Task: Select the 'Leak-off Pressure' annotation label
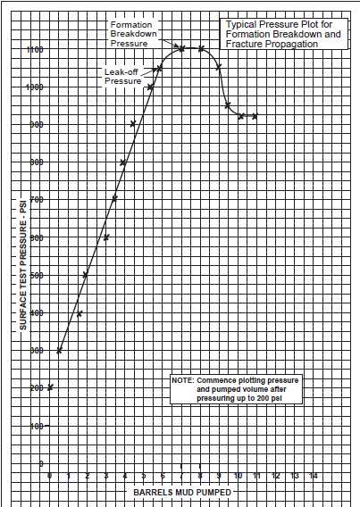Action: click(x=122, y=76)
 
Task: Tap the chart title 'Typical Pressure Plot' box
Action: click(x=281, y=34)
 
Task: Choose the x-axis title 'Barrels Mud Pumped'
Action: click(x=183, y=492)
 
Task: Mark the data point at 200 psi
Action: click(x=50, y=387)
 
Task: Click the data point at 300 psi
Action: click(x=60, y=351)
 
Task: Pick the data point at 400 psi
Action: click(x=79, y=313)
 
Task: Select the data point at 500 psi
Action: click(x=86, y=276)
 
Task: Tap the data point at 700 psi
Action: click(x=114, y=198)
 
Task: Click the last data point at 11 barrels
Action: click(x=255, y=116)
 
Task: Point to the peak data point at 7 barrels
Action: click(x=181, y=48)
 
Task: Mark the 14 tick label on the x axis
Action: click(x=313, y=477)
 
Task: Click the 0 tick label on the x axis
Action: click(x=50, y=477)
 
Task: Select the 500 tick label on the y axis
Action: click(x=34, y=276)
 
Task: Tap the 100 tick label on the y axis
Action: click(x=34, y=426)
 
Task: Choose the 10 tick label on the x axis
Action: click(x=238, y=477)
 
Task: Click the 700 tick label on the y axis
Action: click(x=34, y=200)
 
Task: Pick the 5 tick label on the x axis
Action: click(x=144, y=477)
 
